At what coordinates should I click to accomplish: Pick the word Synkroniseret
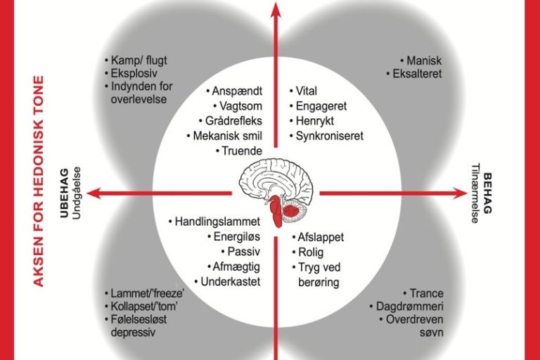point(329,136)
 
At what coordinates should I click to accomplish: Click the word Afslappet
point(321,238)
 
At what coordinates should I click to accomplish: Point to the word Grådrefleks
point(229,121)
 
